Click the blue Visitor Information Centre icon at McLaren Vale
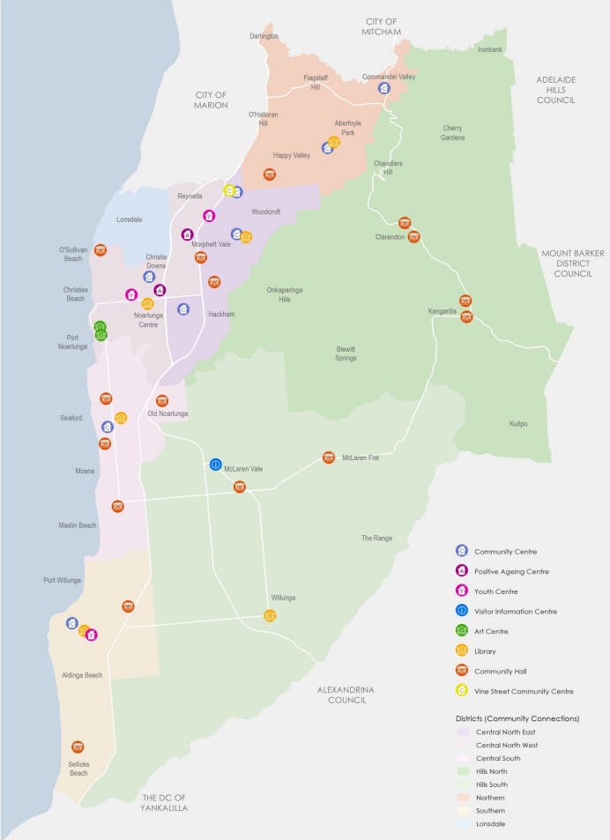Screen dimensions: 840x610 (215, 465)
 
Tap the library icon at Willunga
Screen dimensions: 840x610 (270, 615)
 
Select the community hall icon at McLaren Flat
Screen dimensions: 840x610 (329, 457)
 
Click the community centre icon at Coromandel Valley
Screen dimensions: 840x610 (383, 88)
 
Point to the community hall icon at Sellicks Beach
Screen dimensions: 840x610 (78, 747)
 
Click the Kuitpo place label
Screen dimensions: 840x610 (517, 424)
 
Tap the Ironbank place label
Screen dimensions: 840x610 (489, 49)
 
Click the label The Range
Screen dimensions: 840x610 (376, 538)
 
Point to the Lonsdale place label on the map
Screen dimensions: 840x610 (129, 219)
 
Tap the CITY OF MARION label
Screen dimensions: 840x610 (212, 100)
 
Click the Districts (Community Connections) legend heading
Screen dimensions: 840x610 (517, 718)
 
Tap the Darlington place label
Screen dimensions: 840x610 (264, 36)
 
